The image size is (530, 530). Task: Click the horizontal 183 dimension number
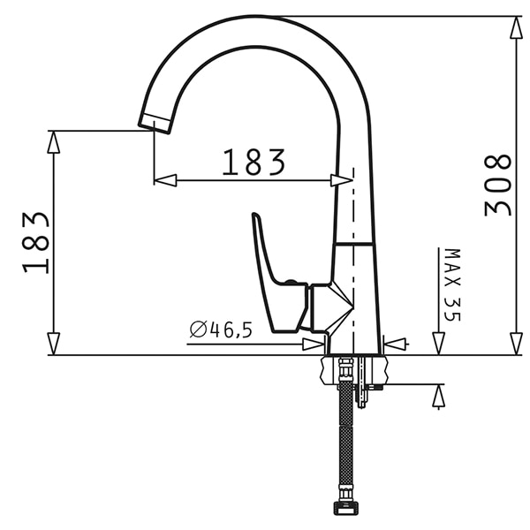tap(254, 163)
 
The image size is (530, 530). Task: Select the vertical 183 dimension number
tap(36, 243)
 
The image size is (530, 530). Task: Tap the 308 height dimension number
tap(498, 185)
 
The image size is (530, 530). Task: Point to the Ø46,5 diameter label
tap(221, 329)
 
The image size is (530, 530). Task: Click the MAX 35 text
tap(452, 285)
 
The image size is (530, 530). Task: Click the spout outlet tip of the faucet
tap(155, 124)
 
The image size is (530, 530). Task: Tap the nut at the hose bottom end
tap(344, 508)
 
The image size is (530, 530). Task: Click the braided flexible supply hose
tap(345, 439)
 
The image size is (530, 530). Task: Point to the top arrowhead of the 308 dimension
tap(517, 27)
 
